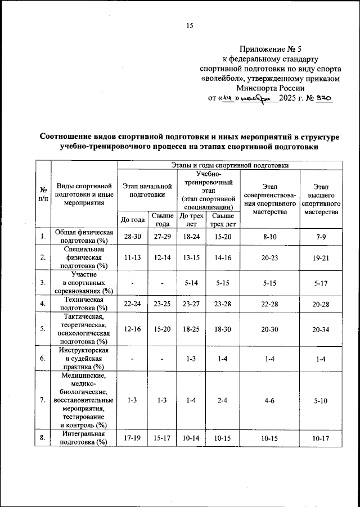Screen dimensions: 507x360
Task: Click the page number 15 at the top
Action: (x=190, y=26)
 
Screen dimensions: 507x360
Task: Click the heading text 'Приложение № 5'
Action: (x=270, y=49)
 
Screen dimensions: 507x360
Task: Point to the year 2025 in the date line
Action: (x=292, y=98)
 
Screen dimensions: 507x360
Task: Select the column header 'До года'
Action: (x=132, y=219)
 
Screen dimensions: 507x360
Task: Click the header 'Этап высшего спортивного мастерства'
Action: (x=321, y=199)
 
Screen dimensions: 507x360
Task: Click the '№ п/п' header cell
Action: (x=43, y=194)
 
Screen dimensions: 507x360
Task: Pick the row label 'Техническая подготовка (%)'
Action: (x=84, y=304)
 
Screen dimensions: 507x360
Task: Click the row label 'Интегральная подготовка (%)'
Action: (x=84, y=438)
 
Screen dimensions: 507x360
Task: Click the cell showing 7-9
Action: (x=321, y=237)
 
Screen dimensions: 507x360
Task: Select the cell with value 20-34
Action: (x=321, y=330)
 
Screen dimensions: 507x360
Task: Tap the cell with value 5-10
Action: (x=321, y=401)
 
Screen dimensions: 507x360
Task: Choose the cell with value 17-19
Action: (x=132, y=438)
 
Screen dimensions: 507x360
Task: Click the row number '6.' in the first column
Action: (x=43, y=357)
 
